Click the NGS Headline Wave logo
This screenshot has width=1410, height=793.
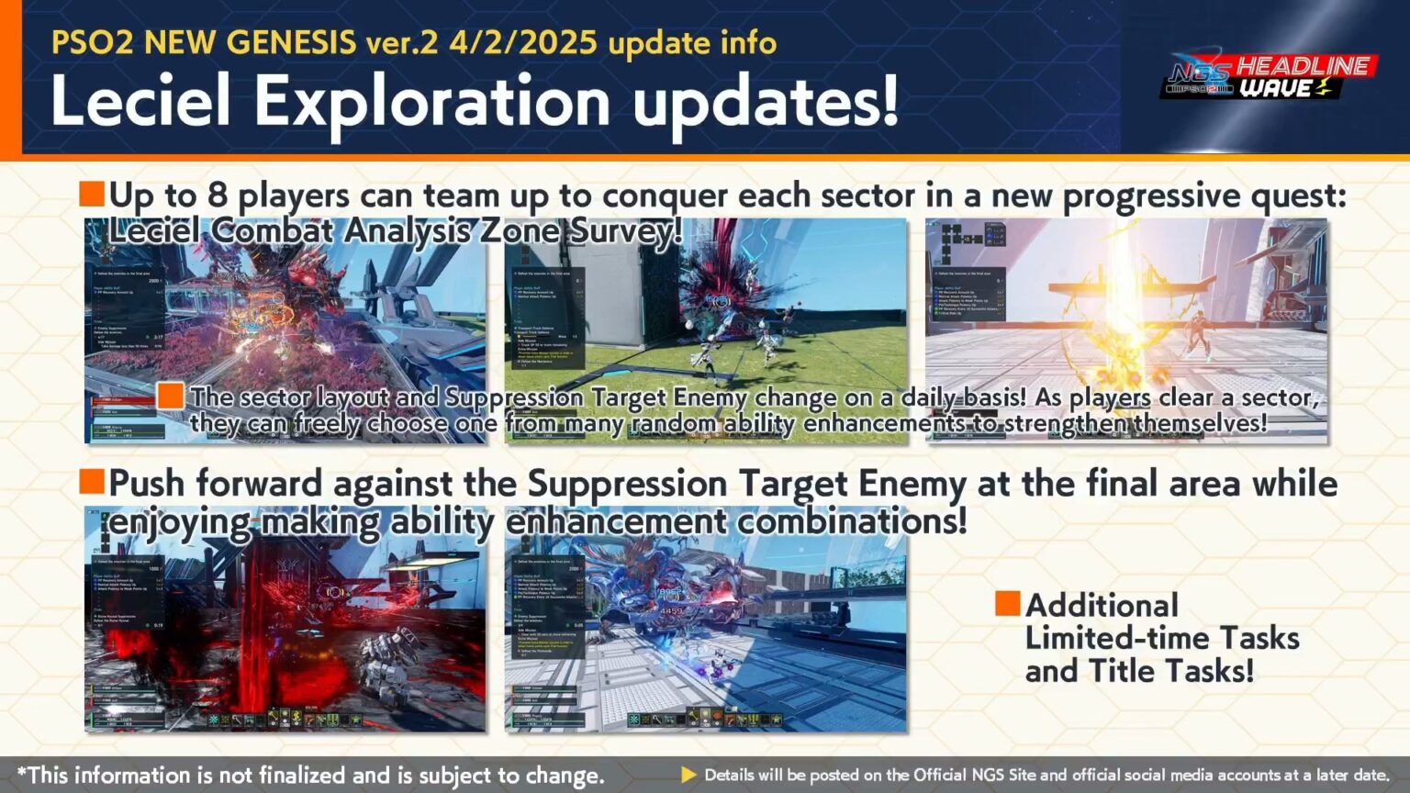(x=1267, y=77)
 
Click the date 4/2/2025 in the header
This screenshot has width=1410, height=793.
(x=522, y=42)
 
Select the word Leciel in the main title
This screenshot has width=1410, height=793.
(x=140, y=101)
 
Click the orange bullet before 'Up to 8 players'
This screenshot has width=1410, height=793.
(x=92, y=194)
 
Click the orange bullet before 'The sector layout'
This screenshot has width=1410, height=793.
(x=170, y=396)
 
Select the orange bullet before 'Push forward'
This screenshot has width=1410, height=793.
(x=92, y=481)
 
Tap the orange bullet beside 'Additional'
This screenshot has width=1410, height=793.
(x=1007, y=603)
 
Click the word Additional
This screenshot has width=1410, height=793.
(x=1102, y=606)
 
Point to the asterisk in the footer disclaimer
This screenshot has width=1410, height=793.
(x=22, y=774)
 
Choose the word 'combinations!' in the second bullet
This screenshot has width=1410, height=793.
(x=852, y=521)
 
